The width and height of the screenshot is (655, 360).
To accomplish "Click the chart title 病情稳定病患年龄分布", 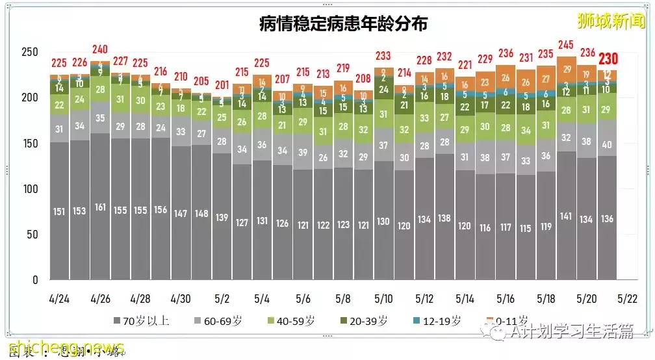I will [x=344, y=24].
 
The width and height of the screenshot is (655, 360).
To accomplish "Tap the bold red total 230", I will [x=609, y=60].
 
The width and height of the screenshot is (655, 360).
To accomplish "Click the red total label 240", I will [x=100, y=49].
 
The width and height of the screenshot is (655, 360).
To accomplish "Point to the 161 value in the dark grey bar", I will [x=100, y=208].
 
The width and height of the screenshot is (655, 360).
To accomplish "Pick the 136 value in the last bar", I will [x=608, y=219].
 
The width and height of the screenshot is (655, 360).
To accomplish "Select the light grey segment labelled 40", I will [x=608, y=144].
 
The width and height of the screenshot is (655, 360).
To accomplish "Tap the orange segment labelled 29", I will [x=567, y=70].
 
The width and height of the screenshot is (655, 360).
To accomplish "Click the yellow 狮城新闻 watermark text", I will [x=611, y=21].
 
